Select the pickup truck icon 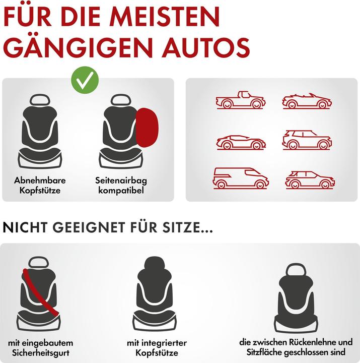point(241,101)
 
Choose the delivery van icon point(241,178)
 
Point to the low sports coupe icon point(241,141)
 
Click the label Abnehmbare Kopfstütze point(40,185)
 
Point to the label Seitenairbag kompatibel point(121,185)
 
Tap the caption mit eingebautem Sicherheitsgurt point(39,347)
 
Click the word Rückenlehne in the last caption point(308,342)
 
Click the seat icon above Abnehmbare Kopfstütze point(40,131)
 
